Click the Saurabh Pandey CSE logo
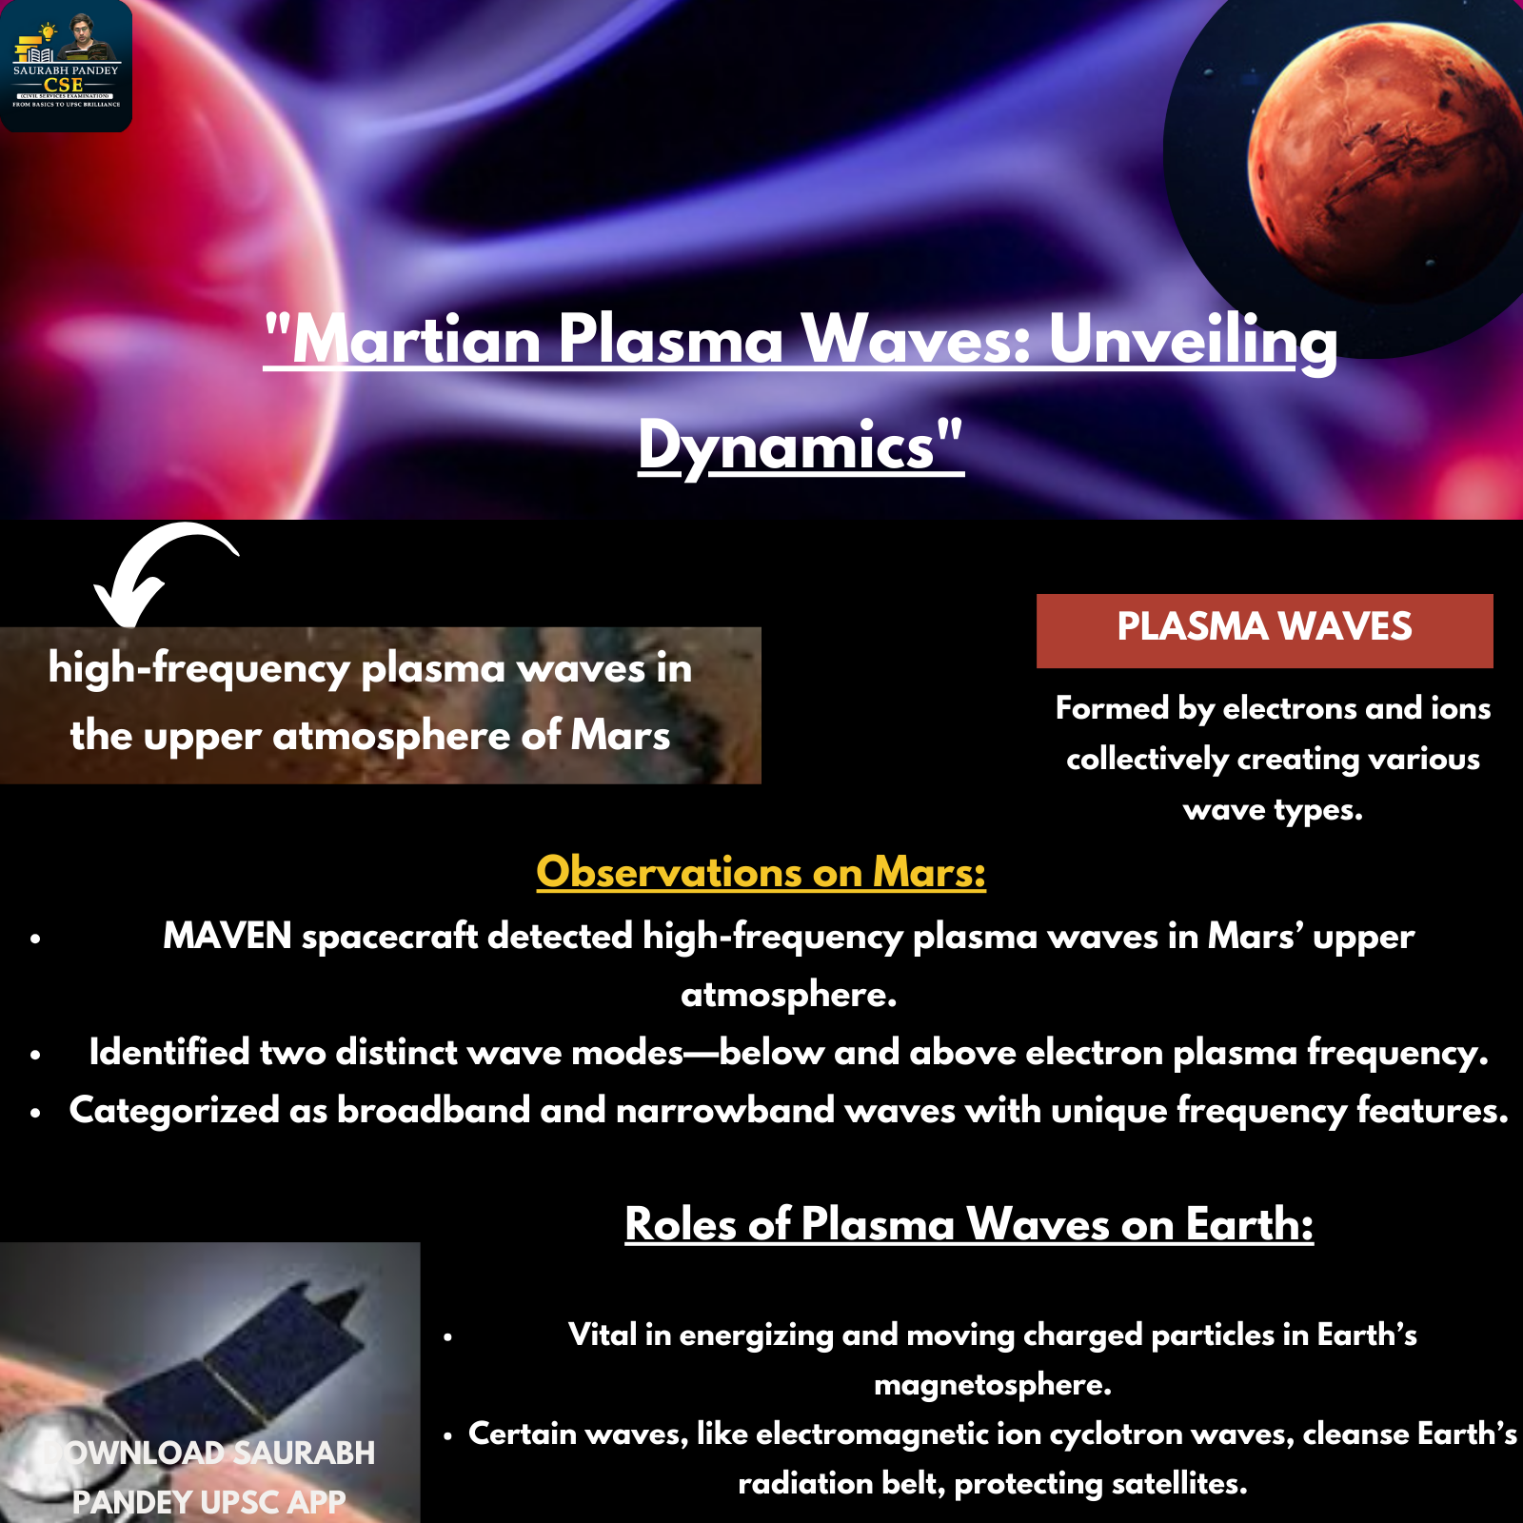coord(66,66)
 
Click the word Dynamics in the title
coord(786,445)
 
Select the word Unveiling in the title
coord(1193,340)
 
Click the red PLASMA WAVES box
coord(1264,630)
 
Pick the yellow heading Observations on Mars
coord(761,871)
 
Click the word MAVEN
coord(227,936)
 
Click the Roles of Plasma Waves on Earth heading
coord(969,1223)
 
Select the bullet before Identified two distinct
coord(35,1055)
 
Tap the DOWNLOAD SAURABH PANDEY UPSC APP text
coord(209,1477)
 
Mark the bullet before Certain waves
coord(447,1435)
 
